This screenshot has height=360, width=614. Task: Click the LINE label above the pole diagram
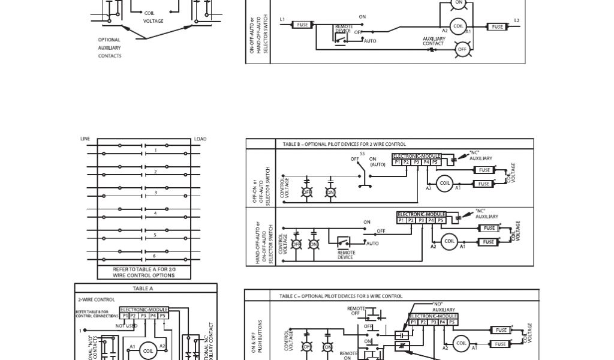coord(85,139)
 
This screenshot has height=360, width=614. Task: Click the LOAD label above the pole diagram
coord(200,139)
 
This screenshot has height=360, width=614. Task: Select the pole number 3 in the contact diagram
coord(155,193)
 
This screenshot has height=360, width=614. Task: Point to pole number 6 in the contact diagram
coord(155,256)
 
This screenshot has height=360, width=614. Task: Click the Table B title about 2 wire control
coord(344,145)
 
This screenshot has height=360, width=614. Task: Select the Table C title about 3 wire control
coord(341,296)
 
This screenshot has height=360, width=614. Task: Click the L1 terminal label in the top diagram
coord(282,19)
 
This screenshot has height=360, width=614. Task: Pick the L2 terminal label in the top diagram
coord(517,21)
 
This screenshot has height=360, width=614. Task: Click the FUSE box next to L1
coord(303,25)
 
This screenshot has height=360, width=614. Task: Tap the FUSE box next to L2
coord(497,27)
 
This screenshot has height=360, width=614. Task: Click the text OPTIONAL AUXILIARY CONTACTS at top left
coord(110,48)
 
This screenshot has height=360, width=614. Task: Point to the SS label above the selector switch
coord(362,153)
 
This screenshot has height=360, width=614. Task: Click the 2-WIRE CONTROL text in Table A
coord(96,299)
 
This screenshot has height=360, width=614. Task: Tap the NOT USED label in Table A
coord(127,326)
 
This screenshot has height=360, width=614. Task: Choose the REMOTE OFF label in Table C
coord(356,311)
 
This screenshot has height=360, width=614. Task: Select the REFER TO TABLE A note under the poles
coord(144,272)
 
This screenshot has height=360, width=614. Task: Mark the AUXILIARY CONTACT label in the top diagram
coord(434,41)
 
